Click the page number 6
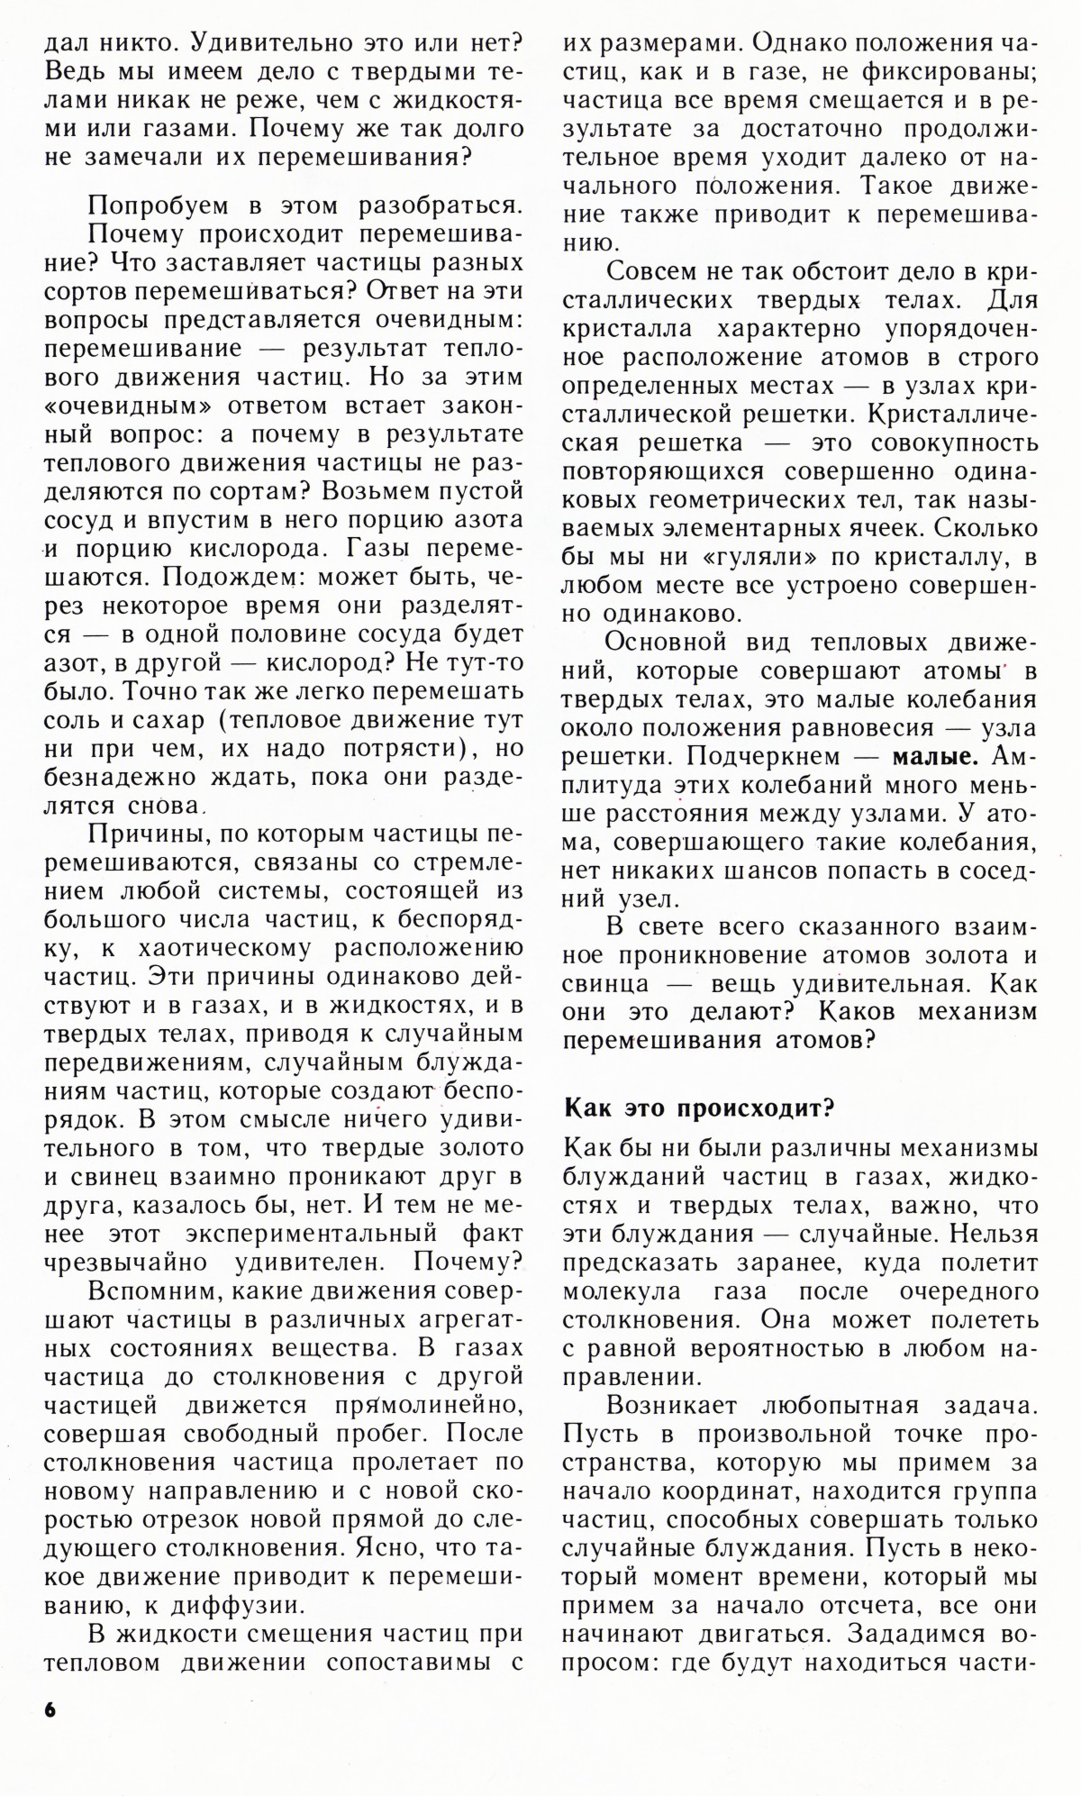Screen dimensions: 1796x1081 tap(49, 1733)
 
